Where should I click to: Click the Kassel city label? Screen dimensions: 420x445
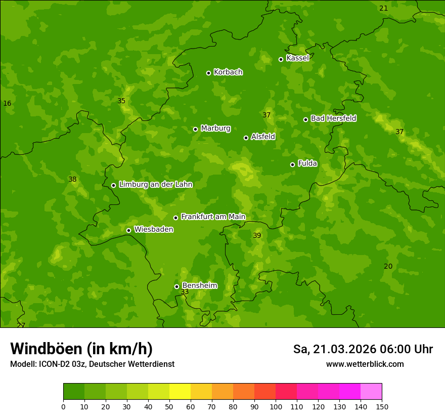pyautogui.click(x=297, y=58)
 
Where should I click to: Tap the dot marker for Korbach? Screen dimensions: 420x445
pyautogui.click(x=208, y=73)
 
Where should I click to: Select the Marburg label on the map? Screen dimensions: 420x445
pyautogui.click(x=215, y=129)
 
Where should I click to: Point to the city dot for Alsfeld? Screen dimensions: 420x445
pyautogui.click(x=246, y=138)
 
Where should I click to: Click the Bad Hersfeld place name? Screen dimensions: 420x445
pyautogui.click(x=333, y=118)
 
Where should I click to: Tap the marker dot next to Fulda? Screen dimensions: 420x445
pyautogui.click(x=292, y=164)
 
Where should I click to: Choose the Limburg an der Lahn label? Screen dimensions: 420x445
pyautogui.click(x=155, y=185)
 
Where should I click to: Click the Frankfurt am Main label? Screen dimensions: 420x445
pyautogui.click(x=213, y=217)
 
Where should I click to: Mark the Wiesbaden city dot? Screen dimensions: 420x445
pyautogui.click(x=128, y=230)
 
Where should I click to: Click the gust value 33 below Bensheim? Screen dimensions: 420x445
pyautogui.click(x=185, y=292)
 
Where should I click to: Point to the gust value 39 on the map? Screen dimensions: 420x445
pyautogui.click(x=257, y=235)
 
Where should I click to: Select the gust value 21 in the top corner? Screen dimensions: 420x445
pyautogui.click(x=383, y=8)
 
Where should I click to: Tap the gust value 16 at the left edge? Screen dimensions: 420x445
pyautogui.click(x=7, y=104)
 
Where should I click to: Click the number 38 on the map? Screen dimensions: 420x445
pyautogui.click(x=72, y=179)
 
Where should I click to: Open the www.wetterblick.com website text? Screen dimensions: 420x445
pyautogui.click(x=365, y=364)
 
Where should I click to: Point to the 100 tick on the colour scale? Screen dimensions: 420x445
pyautogui.click(x=276, y=406)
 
